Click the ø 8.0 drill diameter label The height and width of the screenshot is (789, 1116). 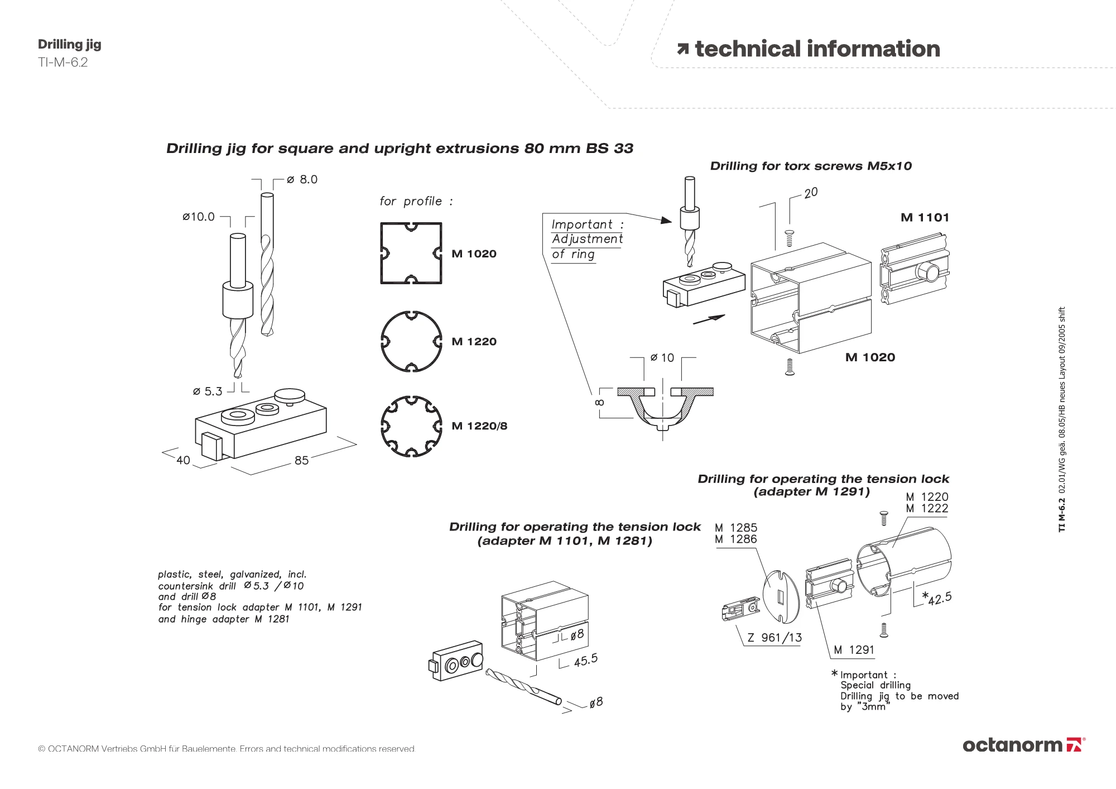[x=302, y=179]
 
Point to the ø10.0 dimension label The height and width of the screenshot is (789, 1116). [x=199, y=217]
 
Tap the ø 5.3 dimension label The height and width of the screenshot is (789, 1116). [x=208, y=391]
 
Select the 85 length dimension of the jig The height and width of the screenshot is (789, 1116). [x=301, y=460]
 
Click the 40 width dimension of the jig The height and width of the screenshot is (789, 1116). [x=183, y=460]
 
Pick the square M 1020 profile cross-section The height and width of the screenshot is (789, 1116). [x=411, y=253]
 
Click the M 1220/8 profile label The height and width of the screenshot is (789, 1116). [x=479, y=426]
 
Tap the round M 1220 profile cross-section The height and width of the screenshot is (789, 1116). [x=411, y=341]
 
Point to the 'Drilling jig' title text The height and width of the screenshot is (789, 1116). [x=70, y=45]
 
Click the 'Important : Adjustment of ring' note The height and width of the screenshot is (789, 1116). [x=586, y=240]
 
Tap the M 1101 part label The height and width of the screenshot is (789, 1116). [x=925, y=218]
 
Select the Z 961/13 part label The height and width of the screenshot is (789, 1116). [x=775, y=638]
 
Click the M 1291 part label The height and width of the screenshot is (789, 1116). [x=854, y=650]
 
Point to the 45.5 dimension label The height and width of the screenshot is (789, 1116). [x=585, y=660]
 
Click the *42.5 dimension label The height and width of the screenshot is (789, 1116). [x=937, y=598]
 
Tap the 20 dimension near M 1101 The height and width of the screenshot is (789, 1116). [x=811, y=193]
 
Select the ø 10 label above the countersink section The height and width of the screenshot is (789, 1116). [x=662, y=357]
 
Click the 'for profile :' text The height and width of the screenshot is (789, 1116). [x=416, y=201]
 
